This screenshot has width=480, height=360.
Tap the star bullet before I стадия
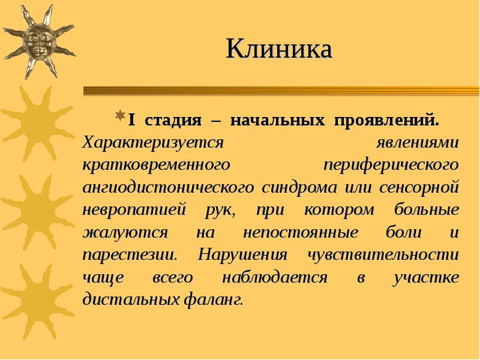pos(120,115)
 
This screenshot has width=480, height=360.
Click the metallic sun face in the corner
pos(38,41)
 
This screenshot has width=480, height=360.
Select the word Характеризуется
pos(153,143)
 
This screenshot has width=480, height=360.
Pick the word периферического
pos(391,164)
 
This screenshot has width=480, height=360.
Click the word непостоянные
pos(301,232)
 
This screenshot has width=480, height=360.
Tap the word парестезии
pos(129,254)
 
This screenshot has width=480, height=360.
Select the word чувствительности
pos(383,254)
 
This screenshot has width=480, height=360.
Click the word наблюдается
pos(275,277)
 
